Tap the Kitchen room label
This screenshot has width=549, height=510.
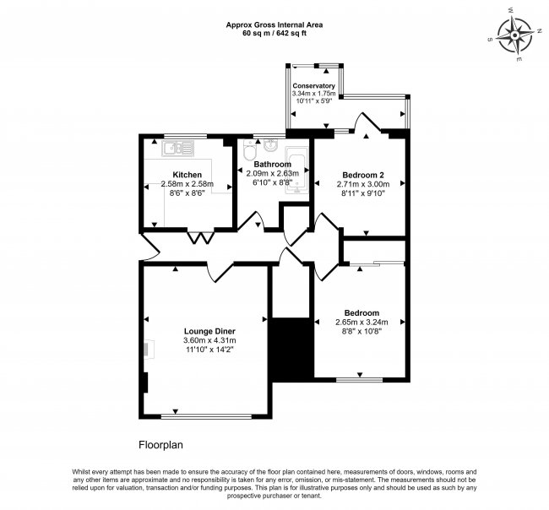coord(187,175)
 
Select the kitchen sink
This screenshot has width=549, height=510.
coord(180,149)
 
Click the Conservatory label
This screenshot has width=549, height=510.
coord(313,86)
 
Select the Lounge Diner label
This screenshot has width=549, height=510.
coord(209,330)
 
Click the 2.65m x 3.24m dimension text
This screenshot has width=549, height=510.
coord(361,322)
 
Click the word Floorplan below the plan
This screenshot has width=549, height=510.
coord(160,443)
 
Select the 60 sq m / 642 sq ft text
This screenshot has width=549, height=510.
coord(274,35)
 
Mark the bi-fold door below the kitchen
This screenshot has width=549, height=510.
coord(198,237)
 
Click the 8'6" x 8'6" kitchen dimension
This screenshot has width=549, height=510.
coord(187,193)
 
